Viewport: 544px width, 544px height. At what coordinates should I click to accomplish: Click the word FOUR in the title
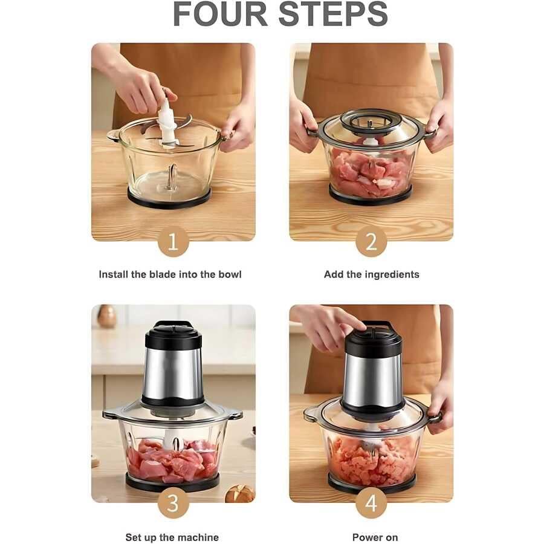pos(220,15)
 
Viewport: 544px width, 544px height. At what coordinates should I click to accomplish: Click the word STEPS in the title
pos(333,15)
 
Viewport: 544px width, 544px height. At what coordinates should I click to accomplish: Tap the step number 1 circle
pos(173,241)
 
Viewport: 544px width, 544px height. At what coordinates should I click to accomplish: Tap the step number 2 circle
pos(371,241)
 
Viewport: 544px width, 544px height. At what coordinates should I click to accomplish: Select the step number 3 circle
pos(173,503)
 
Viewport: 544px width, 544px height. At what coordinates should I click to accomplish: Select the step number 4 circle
pos(371,503)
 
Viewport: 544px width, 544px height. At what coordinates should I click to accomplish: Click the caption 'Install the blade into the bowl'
pos(170,274)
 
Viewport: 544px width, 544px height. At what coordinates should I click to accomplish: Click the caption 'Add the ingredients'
pos(372,275)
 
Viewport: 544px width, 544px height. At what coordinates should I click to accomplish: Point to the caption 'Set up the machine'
pos(172,537)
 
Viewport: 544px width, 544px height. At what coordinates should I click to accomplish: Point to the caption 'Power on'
pos(375,537)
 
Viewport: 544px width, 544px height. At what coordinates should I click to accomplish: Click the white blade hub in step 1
pos(167,121)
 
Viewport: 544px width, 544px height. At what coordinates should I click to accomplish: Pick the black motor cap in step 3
pos(173,335)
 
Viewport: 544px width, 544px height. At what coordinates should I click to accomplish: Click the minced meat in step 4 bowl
pos(372,460)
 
